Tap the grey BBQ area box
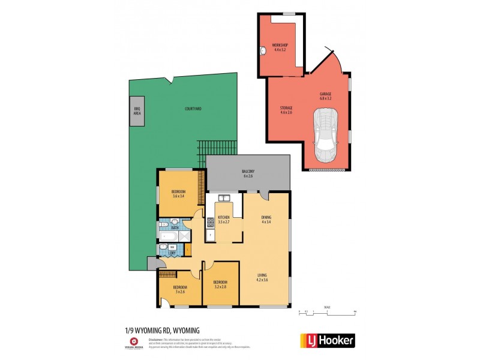136,112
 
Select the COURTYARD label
193,109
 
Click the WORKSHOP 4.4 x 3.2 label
280,47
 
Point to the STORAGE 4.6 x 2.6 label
286,110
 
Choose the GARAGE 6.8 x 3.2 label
325,96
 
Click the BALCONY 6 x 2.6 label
248,173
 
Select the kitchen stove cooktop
210,223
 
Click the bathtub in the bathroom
169,237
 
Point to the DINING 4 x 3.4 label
266,220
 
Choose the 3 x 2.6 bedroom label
180,290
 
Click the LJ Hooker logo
327,340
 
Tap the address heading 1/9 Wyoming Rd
158,331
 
